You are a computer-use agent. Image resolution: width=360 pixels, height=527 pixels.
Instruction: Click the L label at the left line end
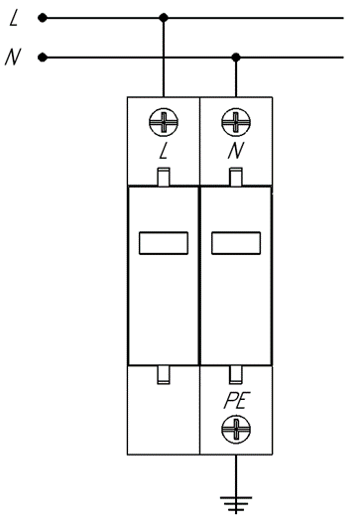pos(14,18)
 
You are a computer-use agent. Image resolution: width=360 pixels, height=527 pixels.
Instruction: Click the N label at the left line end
pos(13,57)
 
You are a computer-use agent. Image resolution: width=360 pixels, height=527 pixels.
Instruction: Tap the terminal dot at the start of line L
pos(43,18)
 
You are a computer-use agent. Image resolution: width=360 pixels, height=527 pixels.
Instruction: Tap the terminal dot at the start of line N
pos(43,58)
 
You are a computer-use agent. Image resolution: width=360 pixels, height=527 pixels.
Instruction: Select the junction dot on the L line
pos(164,18)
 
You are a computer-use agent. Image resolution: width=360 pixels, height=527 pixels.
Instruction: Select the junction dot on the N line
pos(236,58)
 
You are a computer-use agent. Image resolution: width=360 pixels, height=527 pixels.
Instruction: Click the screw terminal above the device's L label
pos(164,122)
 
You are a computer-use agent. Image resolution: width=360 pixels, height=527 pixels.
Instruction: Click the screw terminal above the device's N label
pos(236,122)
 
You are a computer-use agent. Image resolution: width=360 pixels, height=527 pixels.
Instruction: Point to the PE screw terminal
pos(236,429)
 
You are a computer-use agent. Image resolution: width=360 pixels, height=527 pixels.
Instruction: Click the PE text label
pos(237,401)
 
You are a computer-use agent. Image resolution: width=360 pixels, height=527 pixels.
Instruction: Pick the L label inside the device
pos(164,151)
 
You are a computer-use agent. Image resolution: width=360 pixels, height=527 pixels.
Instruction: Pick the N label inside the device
pos(236,151)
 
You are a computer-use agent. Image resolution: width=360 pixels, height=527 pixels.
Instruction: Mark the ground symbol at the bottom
pos(236,505)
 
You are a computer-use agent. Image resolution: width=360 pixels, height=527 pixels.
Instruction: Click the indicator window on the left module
pos(164,243)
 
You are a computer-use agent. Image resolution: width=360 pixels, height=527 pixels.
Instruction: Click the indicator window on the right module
pos(236,243)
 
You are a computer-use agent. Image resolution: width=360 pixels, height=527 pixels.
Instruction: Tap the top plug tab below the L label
pos(164,177)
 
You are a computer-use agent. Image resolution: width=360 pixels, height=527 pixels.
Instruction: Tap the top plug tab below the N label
pos(236,177)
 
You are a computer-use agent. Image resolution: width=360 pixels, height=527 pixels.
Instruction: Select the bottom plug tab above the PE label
pos(236,375)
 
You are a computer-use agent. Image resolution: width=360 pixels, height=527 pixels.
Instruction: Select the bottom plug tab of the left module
pos(164,375)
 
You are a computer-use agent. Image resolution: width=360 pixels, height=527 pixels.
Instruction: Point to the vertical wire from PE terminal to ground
pos(236,475)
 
